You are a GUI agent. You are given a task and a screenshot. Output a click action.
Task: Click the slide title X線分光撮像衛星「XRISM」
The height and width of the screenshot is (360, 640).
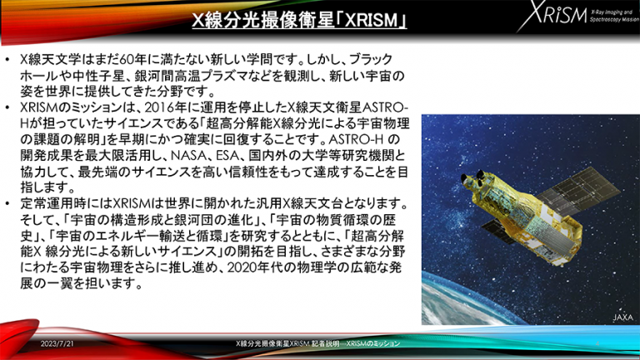coord(299,19)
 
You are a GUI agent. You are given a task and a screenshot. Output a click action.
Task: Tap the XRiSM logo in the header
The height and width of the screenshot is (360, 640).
coord(577,16)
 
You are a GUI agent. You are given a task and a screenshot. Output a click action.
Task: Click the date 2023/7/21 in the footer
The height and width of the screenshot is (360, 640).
coord(57,343)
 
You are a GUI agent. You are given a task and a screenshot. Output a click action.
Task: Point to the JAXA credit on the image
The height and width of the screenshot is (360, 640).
coord(622,317)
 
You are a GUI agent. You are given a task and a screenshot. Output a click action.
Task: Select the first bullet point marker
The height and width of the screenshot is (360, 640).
coord(7,60)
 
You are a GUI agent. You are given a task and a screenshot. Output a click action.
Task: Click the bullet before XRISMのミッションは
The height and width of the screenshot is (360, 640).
coord(7,108)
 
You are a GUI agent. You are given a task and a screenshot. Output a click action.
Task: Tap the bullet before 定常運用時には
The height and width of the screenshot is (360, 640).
coord(7,203)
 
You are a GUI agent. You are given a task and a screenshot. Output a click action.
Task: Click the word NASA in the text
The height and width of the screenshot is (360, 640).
coord(188,156)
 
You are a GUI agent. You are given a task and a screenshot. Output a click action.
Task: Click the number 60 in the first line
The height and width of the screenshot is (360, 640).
coord(127,60)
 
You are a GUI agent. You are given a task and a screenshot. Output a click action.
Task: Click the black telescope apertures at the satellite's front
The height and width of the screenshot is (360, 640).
coord(472,179)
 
